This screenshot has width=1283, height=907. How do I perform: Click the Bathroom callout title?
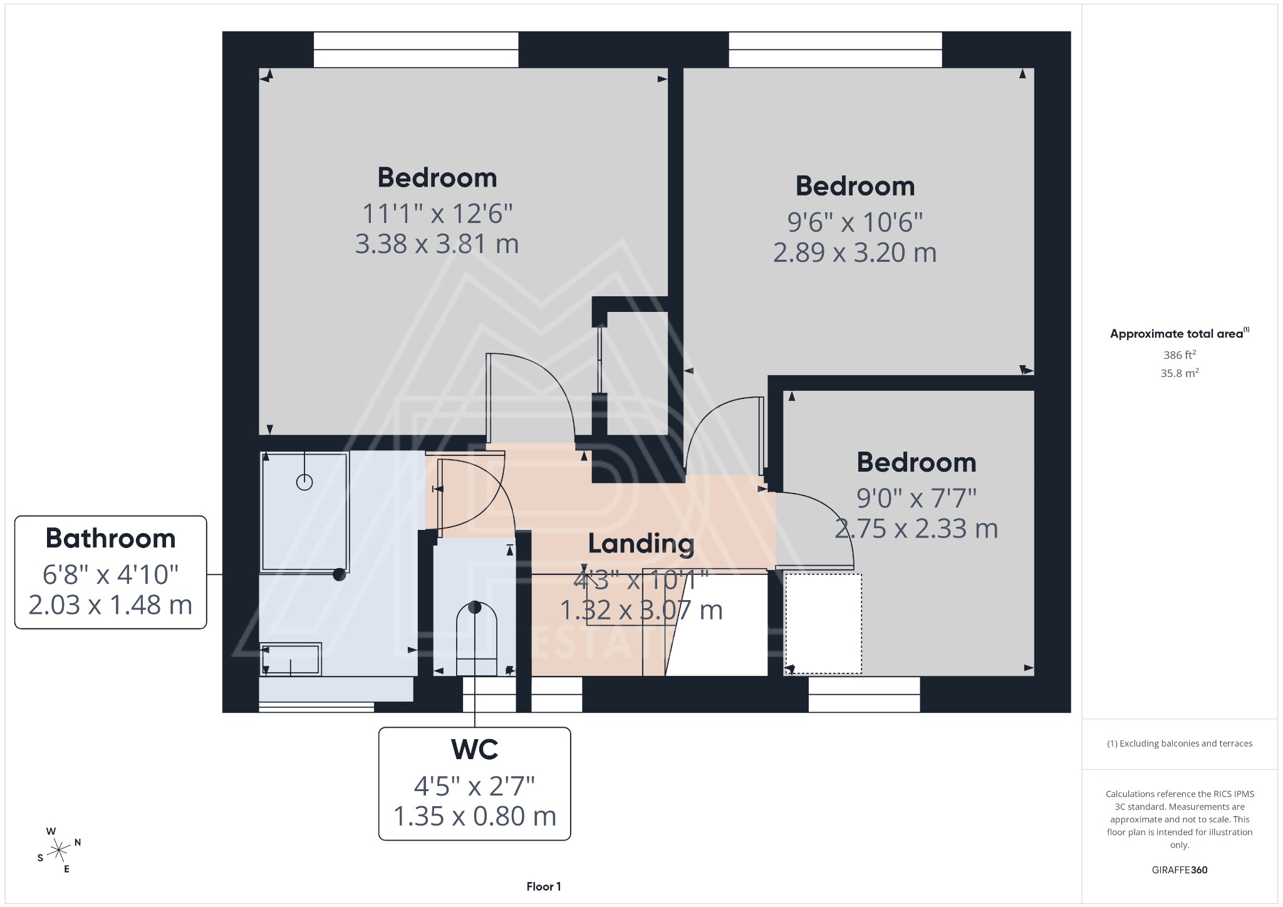point(110,539)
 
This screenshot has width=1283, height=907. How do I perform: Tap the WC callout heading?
point(474,749)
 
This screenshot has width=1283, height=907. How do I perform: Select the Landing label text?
point(641,544)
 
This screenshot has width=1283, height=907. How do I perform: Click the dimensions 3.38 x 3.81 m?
point(437,244)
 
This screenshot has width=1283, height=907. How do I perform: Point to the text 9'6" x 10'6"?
point(854,222)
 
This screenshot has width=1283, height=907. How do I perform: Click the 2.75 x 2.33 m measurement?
point(916,529)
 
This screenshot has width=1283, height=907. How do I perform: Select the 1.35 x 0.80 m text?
point(474,816)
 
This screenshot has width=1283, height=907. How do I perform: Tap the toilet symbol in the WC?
point(476,639)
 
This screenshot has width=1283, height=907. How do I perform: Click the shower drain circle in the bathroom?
point(304,482)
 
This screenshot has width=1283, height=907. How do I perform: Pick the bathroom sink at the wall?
point(291,660)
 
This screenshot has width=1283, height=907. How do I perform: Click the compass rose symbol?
point(59,850)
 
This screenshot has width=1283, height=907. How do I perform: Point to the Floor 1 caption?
point(543,886)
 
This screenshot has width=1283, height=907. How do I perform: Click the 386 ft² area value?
point(1179,355)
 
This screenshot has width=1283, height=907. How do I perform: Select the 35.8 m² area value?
point(1179,373)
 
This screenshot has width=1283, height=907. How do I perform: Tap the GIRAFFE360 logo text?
point(1179,869)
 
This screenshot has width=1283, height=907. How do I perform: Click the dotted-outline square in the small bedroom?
point(823,623)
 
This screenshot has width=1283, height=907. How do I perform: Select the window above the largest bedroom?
point(416,49)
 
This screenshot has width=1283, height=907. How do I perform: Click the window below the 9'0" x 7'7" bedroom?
point(864,694)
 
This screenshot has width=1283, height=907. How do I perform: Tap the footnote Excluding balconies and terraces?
point(1179,744)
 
